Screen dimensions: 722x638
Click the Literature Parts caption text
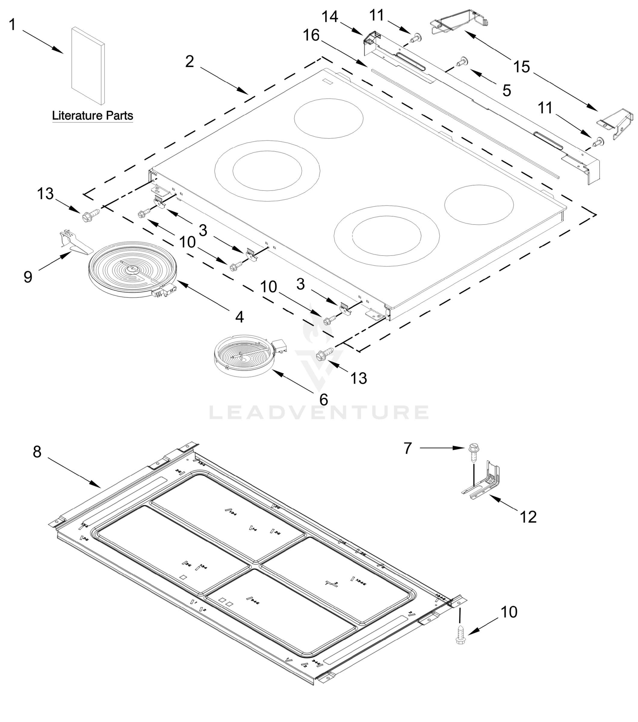coord(93,116)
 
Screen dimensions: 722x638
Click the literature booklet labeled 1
coord(88,66)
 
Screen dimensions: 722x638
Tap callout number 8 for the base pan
coord(37,452)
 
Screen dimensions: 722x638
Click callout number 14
coord(330,17)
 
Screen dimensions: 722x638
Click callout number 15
coord(522,66)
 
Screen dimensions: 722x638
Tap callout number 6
coord(324,400)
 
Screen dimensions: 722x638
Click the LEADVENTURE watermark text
coord(319,412)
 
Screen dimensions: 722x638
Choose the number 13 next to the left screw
coord(45,193)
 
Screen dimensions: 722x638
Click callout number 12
coord(528,517)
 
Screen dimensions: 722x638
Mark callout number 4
coord(240,317)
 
